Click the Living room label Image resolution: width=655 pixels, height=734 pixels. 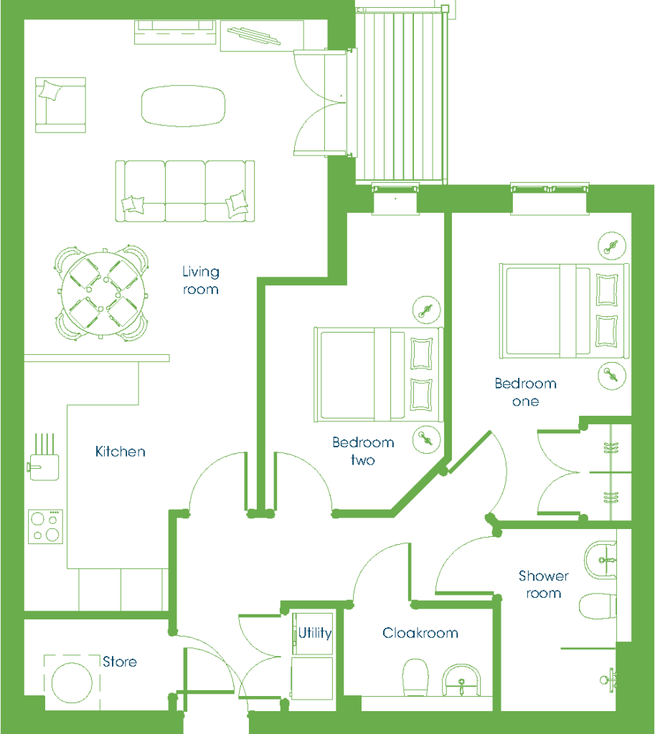(201, 280)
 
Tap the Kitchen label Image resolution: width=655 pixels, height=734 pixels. (121, 452)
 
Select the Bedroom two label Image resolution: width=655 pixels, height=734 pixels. (363, 451)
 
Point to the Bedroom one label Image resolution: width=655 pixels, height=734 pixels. (526, 392)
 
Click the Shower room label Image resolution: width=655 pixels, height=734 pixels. (544, 584)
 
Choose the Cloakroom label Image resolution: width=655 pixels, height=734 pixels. (420, 633)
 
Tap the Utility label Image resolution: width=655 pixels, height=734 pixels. (315, 633)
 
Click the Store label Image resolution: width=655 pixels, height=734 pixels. (120, 662)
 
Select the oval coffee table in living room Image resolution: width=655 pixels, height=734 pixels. (183, 106)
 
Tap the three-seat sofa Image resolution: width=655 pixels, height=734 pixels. (185, 191)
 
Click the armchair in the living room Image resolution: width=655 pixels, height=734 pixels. (60, 105)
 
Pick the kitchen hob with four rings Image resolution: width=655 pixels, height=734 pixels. (45, 527)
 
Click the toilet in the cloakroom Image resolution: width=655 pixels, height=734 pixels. (415, 677)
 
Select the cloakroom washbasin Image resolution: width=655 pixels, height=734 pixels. (462, 680)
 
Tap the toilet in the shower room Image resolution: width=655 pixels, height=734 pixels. (598, 606)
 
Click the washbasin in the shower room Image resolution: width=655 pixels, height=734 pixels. (600, 560)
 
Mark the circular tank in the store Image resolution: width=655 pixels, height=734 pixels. (72, 683)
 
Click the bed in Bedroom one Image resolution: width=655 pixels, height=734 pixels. (564, 311)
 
